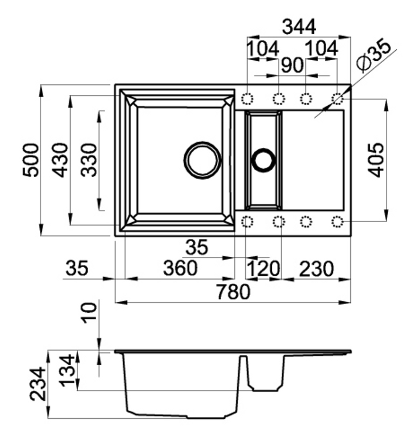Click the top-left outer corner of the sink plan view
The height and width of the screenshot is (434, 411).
[115, 84]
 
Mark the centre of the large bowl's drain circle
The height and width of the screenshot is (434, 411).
[202, 160]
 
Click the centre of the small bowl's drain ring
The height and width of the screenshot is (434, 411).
[263, 160]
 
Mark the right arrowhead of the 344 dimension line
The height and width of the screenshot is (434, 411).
[344, 37]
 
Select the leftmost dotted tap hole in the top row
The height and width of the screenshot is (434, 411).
[247, 98]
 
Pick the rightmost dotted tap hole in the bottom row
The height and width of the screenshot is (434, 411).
[337, 222]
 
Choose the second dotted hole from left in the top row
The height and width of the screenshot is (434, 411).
[279, 98]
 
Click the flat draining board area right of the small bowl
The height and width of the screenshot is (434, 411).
[313, 160]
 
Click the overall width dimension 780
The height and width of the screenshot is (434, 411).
[233, 292]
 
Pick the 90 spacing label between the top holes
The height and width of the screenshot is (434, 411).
[292, 65]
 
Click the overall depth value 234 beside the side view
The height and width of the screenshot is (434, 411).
[38, 384]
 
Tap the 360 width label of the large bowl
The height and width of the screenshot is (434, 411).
[180, 268]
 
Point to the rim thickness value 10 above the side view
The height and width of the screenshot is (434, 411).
[89, 313]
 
